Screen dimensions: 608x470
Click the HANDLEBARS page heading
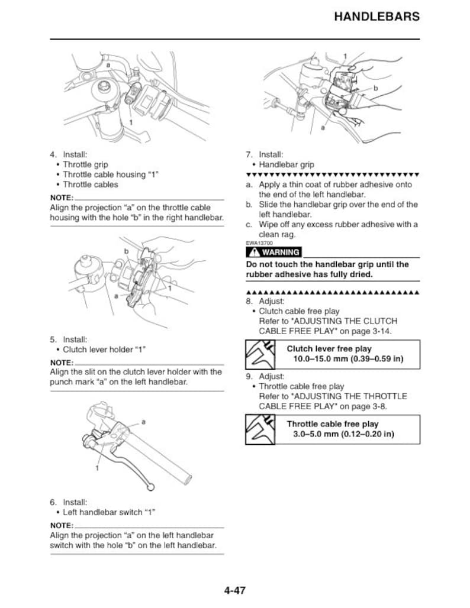[x=376, y=17]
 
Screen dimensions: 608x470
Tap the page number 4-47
[x=234, y=590]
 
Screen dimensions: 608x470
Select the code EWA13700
[x=259, y=243]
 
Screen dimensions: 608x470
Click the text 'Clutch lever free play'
[x=329, y=349]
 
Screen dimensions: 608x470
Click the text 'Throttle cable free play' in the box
[x=332, y=424]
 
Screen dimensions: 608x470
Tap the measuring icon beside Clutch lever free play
[x=260, y=354]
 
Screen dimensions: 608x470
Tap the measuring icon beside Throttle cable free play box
[x=260, y=429]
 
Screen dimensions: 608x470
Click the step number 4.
[x=53, y=155]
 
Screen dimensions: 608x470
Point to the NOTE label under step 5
[x=62, y=363]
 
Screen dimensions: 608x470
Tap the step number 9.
[x=249, y=376]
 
